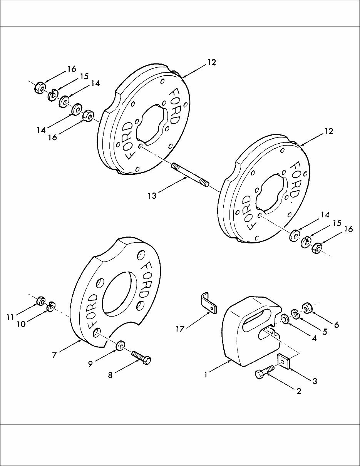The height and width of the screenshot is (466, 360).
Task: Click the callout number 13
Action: tap(152, 196)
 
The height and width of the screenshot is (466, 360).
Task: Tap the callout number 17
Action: tap(180, 329)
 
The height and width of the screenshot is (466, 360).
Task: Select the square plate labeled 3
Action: tap(284, 362)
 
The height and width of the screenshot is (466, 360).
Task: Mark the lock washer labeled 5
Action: tap(295, 313)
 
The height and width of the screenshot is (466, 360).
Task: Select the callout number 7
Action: tap(54, 355)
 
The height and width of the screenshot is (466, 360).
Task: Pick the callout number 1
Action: tap(206, 374)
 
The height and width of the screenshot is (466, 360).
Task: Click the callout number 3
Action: tap(315, 381)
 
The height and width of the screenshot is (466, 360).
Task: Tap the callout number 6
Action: tap(337, 325)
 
